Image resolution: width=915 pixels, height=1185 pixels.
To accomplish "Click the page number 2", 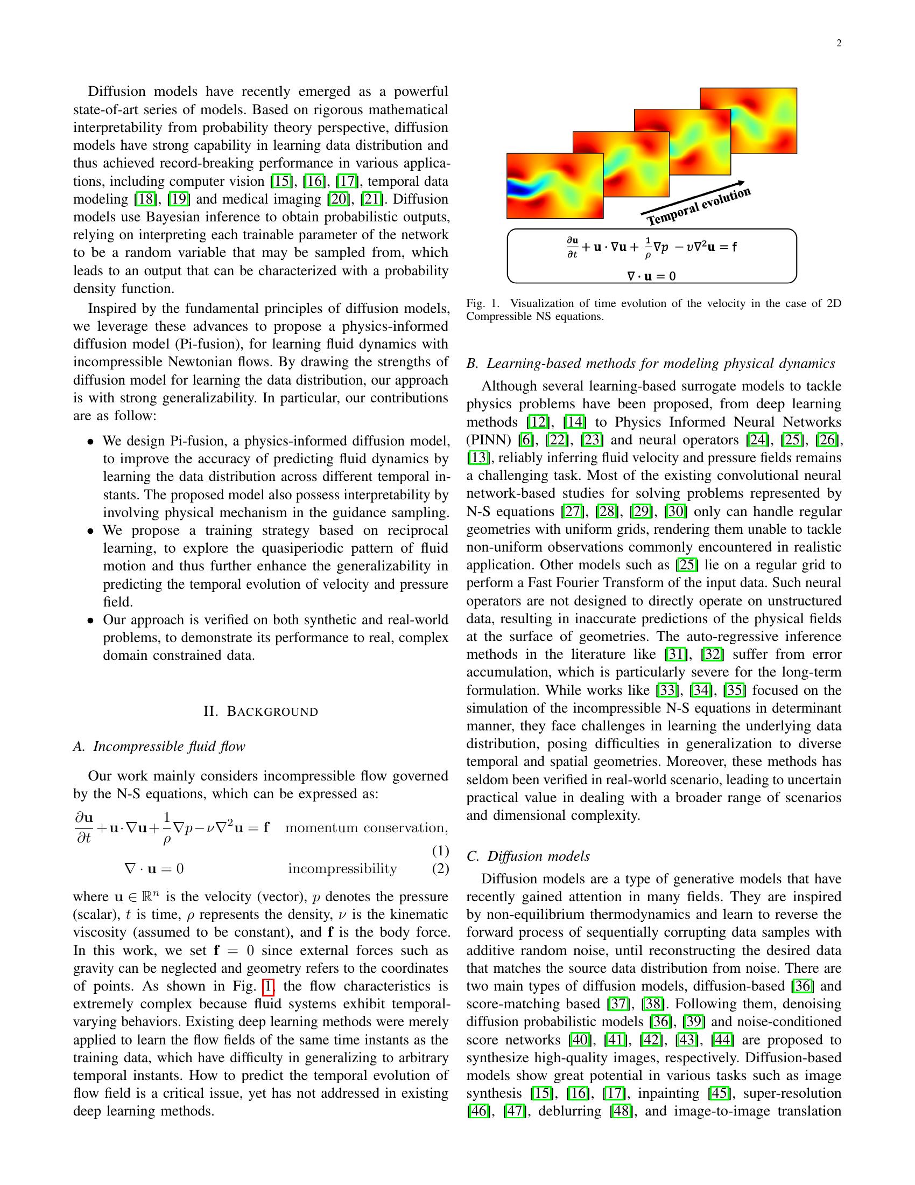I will coord(839,44).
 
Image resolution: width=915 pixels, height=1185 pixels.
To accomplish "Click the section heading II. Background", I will coord(261,712).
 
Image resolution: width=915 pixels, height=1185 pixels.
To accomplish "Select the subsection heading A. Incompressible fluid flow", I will coord(159,747).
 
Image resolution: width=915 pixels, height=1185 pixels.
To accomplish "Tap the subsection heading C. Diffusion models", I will coord(528,856).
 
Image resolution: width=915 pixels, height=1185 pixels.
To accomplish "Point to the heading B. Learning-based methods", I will coord(651,363).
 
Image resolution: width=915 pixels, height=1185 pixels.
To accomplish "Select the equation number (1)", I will coord(440,849).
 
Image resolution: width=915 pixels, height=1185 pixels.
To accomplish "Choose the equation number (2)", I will coord(440,869).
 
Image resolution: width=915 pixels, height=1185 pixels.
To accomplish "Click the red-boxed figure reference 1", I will coord(268,986).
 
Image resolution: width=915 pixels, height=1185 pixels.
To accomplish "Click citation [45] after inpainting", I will coord(720,1093).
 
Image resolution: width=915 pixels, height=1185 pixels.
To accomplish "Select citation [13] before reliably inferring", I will coord(477,457).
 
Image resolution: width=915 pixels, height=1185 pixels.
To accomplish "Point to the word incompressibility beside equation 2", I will coord(342,869).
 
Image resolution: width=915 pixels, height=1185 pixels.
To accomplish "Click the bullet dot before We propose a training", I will coord(91,531).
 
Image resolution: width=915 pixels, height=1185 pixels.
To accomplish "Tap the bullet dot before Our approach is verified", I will coord(91,620).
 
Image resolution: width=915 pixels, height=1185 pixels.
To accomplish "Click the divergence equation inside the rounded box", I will coord(651,276).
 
